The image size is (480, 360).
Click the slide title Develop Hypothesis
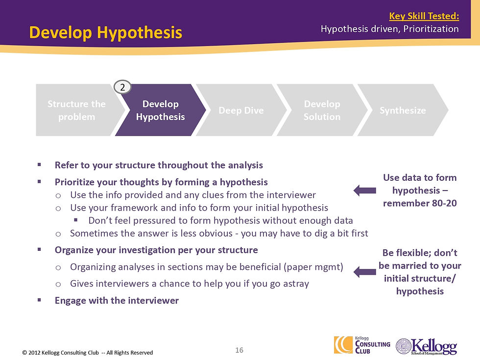[105, 33]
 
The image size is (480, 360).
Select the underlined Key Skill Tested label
[424, 16]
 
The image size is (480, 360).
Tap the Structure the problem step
[76, 110]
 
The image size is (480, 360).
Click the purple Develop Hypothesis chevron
[160, 110]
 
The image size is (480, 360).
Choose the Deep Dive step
[241, 110]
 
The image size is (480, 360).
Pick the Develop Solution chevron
[322, 110]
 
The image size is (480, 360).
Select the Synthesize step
[403, 110]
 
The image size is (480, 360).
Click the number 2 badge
[123, 87]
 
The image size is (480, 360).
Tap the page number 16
[240, 350]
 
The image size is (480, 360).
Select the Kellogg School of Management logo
[426, 346]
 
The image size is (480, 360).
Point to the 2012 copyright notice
[88, 353]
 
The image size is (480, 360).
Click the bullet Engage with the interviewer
[117, 300]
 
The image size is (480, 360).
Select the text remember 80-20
[420, 203]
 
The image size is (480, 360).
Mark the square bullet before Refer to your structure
[40, 165]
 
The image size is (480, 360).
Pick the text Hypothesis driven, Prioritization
[389, 29]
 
